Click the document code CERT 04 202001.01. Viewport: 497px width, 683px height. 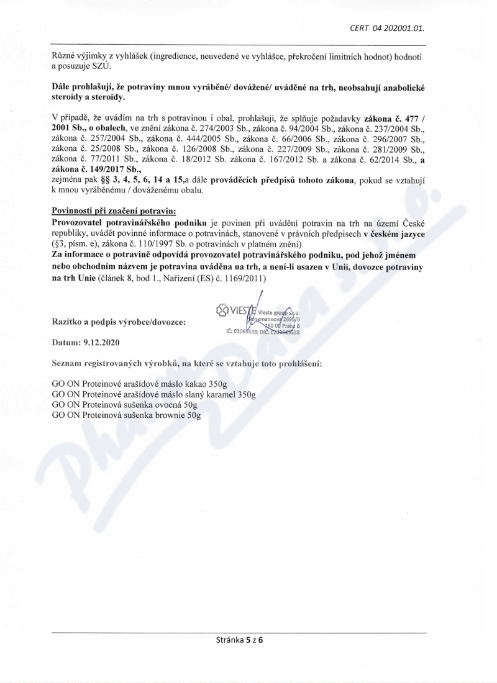[392, 28]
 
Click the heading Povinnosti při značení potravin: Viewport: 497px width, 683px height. [114, 211]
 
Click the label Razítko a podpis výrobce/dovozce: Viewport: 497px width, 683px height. [122, 322]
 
